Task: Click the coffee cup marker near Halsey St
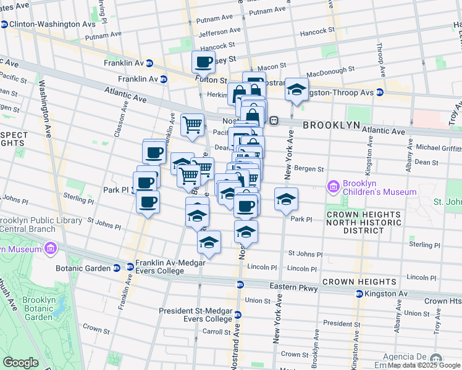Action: pyautogui.click(x=203, y=62)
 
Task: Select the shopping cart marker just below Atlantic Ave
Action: pyautogui.click(x=193, y=124)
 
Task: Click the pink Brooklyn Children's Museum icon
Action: pyautogui.click(x=334, y=186)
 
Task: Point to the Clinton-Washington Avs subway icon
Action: pyautogui.click(x=4, y=25)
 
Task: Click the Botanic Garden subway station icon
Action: pyautogui.click(x=116, y=268)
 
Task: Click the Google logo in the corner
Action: pyautogui.click(x=20, y=363)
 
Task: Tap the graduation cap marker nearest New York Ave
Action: pyautogui.click(x=286, y=200)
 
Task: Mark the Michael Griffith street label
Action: pyautogui.click(x=439, y=148)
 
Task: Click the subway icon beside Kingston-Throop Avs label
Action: pyautogui.click(x=380, y=92)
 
